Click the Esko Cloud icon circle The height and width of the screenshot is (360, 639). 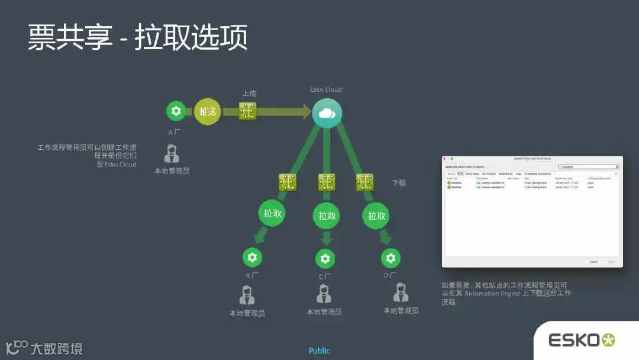pos(327,112)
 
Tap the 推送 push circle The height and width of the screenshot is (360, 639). pos(207,111)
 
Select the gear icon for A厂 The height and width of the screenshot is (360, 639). pos(175,111)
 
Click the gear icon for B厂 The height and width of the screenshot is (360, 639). pos(252,258)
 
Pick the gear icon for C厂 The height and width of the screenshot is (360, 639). pos(324,258)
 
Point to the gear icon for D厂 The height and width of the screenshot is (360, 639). pos(390,258)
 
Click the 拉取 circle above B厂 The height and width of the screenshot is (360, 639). pos(272,213)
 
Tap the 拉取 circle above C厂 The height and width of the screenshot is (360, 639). pos(327,216)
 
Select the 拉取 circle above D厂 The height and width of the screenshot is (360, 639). pos(376,216)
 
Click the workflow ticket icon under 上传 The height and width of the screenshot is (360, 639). pos(247,111)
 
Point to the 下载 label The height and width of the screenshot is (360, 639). pos(399,183)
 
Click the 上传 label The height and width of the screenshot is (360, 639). pos(249,94)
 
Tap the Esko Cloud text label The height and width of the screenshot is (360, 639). pos(326,90)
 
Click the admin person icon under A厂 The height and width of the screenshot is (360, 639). pos(172,154)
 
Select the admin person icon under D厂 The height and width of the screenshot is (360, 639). pos(401,292)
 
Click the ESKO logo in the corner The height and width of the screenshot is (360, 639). pos(582,340)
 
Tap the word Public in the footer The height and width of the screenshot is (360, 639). pos(319,351)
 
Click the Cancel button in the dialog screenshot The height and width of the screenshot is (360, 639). pos(593,261)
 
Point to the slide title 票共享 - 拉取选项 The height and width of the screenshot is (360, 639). pos(137,38)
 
